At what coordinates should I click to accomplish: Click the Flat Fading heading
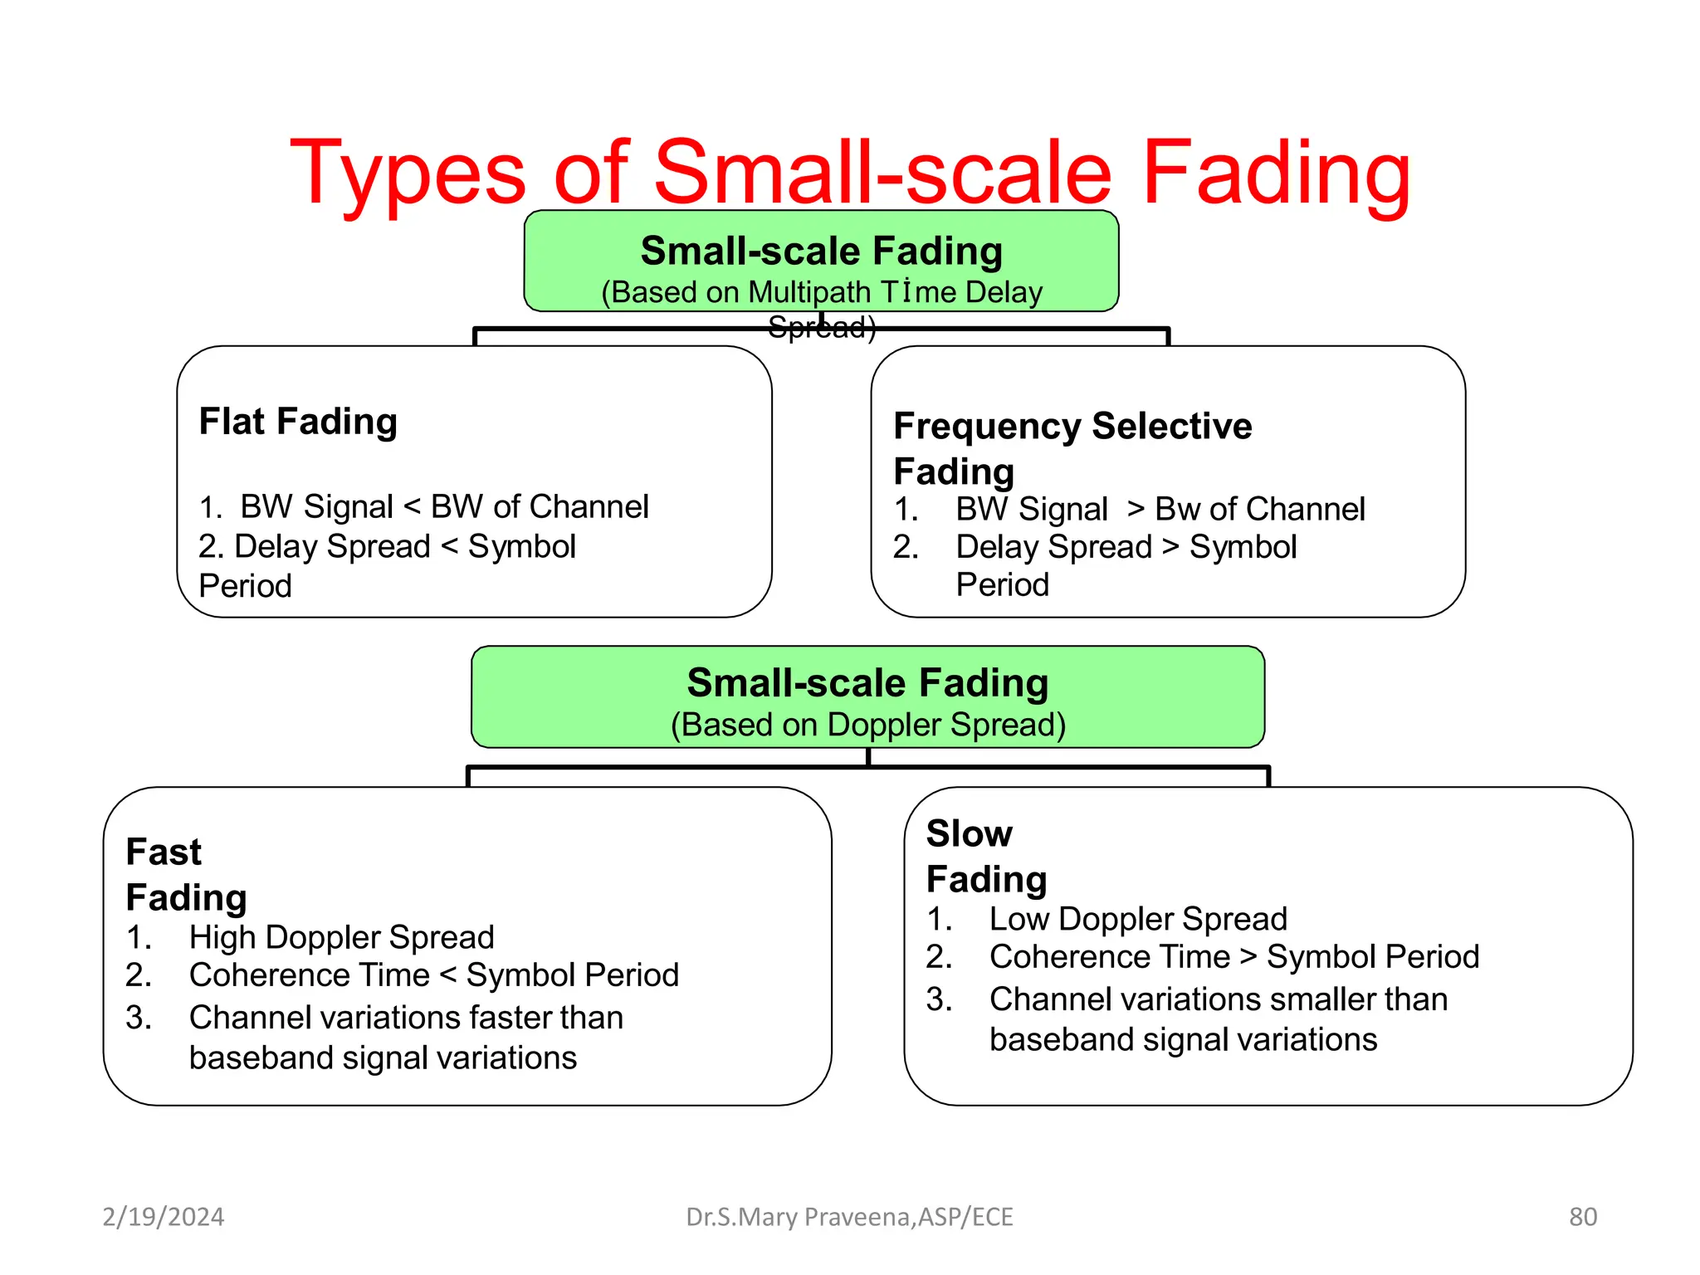point(298,422)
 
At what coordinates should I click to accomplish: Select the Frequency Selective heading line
point(1072,426)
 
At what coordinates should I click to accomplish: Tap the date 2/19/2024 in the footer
point(163,1217)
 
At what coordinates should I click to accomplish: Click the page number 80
point(1582,1217)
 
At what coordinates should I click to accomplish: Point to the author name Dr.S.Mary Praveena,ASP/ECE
point(849,1217)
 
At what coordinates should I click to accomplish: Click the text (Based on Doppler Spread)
point(867,725)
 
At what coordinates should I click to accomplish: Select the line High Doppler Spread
point(341,937)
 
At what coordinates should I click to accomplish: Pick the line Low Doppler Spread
point(1137,919)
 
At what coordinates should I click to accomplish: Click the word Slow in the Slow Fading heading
point(969,833)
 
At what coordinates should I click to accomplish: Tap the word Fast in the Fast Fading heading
point(164,852)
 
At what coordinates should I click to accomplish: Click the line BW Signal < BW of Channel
point(444,506)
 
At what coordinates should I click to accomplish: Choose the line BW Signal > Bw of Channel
point(1160,509)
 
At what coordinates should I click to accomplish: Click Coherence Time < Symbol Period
point(433,975)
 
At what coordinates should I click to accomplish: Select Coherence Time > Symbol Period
point(1233,956)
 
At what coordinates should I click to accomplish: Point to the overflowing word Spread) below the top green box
point(822,328)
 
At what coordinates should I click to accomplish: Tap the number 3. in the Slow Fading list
point(939,999)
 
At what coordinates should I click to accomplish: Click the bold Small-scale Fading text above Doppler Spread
point(867,683)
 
